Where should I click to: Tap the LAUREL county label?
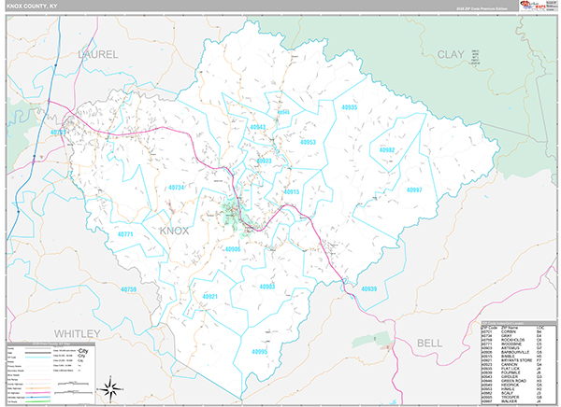(97, 55)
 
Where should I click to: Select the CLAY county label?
(450, 55)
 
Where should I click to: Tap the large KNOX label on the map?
(174, 230)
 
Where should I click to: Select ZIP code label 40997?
(414, 189)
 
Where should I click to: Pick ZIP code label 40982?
(387, 149)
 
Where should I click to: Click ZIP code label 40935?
(349, 107)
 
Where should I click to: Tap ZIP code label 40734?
(176, 188)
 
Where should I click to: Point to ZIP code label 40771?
(124, 234)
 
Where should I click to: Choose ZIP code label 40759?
(128, 289)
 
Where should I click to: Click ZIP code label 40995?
(259, 351)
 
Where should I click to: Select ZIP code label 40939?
(368, 289)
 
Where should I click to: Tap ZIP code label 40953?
(308, 143)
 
